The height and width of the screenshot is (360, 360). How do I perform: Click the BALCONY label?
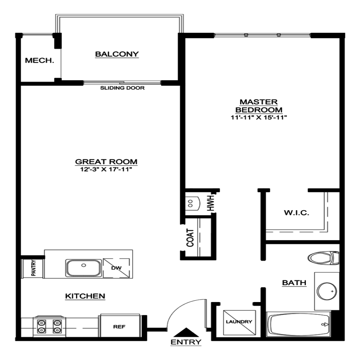(117, 54)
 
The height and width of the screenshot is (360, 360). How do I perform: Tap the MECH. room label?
(39, 60)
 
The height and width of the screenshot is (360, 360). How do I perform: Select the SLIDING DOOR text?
(122, 88)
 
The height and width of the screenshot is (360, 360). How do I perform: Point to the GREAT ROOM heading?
(106, 162)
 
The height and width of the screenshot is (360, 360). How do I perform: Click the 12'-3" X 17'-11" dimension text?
(106, 169)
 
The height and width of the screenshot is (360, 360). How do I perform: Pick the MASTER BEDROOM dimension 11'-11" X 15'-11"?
(259, 117)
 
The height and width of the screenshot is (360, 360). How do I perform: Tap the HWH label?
(211, 203)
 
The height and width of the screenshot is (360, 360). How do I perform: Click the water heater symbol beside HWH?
(193, 204)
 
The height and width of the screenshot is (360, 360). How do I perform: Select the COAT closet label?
(190, 238)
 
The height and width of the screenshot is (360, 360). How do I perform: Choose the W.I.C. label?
(296, 213)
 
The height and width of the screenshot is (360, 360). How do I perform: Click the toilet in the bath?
(323, 258)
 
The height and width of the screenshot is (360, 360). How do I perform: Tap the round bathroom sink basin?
(327, 291)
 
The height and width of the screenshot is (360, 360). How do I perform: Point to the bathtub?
(298, 324)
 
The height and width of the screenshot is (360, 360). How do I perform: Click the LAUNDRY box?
(239, 322)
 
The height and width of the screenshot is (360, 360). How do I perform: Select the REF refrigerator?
(120, 326)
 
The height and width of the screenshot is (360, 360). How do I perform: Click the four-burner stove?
(49, 326)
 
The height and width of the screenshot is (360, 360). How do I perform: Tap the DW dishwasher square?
(116, 268)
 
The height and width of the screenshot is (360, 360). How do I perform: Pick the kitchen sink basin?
(84, 268)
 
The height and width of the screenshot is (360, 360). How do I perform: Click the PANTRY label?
(33, 268)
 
